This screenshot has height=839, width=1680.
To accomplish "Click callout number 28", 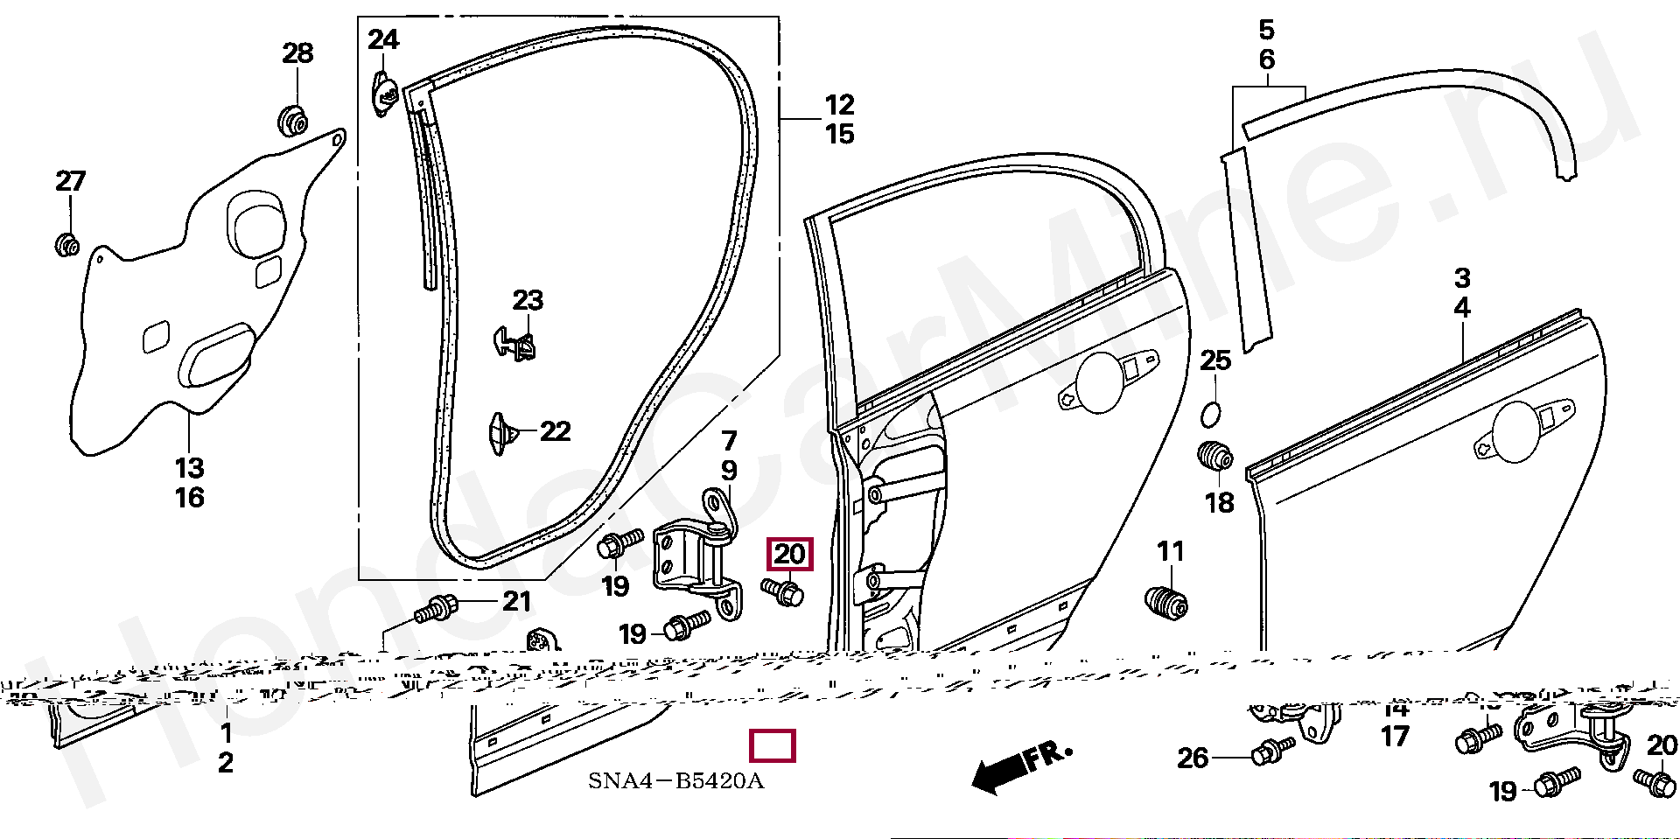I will point(297,53).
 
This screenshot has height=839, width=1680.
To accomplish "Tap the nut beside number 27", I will point(66,244).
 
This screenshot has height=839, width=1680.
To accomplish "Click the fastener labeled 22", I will point(501,433).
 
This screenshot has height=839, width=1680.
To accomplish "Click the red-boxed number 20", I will point(789,554).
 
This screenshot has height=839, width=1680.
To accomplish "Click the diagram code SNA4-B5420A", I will point(675,781).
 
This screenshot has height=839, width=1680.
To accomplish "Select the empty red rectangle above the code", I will point(773,746).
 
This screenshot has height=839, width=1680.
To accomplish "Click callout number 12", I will point(839,105).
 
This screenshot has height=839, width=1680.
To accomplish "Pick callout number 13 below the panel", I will point(189,468).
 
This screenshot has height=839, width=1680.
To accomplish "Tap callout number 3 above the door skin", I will point(1462,278).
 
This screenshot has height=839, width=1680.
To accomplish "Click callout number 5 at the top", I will point(1266,31).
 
